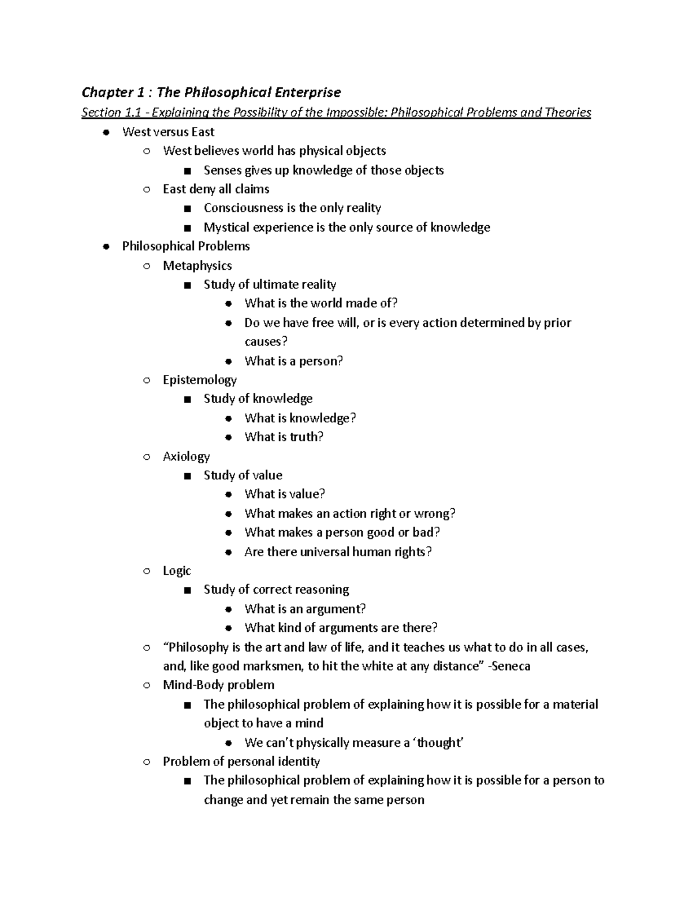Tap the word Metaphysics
(x=197, y=266)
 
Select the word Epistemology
(x=199, y=380)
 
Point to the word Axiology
(x=186, y=456)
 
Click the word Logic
(x=177, y=571)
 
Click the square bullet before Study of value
(x=186, y=476)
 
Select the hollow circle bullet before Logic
(x=147, y=571)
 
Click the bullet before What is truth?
(x=229, y=437)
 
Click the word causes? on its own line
(x=266, y=342)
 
